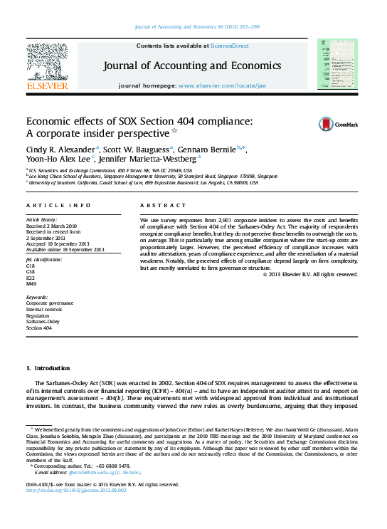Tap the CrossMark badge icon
click(x=328, y=124)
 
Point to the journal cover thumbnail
click(x=337, y=65)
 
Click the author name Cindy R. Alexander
click(x=60, y=150)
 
